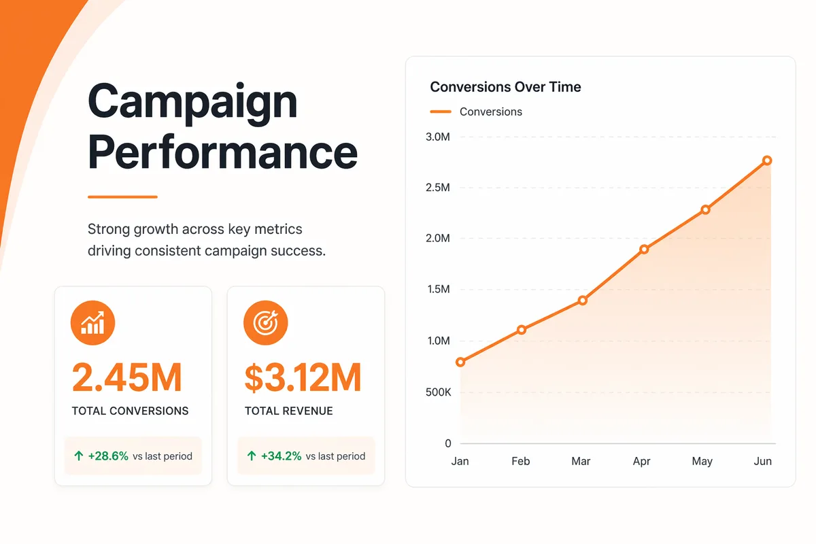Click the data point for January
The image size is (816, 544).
coord(460,362)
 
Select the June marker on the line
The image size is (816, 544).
coord(767,160)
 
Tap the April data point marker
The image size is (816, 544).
coord(644,250)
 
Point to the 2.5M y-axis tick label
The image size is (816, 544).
coord(438,187)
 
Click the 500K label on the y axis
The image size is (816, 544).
coord(438,392)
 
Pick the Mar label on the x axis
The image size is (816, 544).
coord(581,461)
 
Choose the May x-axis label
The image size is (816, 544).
coord(702,461)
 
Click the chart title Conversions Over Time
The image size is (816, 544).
coord(505,87)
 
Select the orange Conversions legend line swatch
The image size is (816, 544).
coord(441,112)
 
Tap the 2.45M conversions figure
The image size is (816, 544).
coord(126,377)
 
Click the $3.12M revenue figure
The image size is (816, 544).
coord(303,377)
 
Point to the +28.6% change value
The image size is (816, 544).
coord(108,456)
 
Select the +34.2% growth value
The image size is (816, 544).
coord(282,456)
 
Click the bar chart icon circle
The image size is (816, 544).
coord(92,322)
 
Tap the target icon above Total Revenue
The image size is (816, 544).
coord(266,322)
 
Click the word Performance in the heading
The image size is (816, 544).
coord(222,152)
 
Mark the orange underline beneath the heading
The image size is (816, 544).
coord(122,197)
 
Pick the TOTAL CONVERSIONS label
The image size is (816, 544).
coord(130,411)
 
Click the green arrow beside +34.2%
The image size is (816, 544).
coord(252,456)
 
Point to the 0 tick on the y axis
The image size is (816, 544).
coord(447,443)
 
